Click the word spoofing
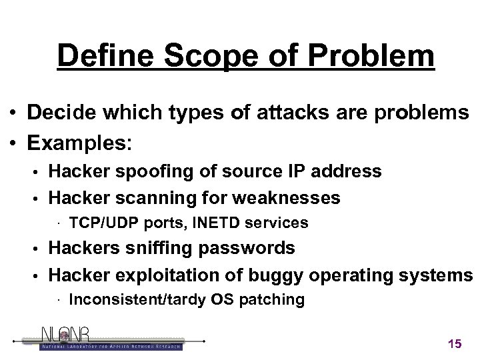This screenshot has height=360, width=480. point(147,171)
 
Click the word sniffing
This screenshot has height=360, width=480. point(155,248)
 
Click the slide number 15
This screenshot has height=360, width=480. point(455,344)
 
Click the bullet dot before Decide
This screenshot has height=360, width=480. point(13,114)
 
